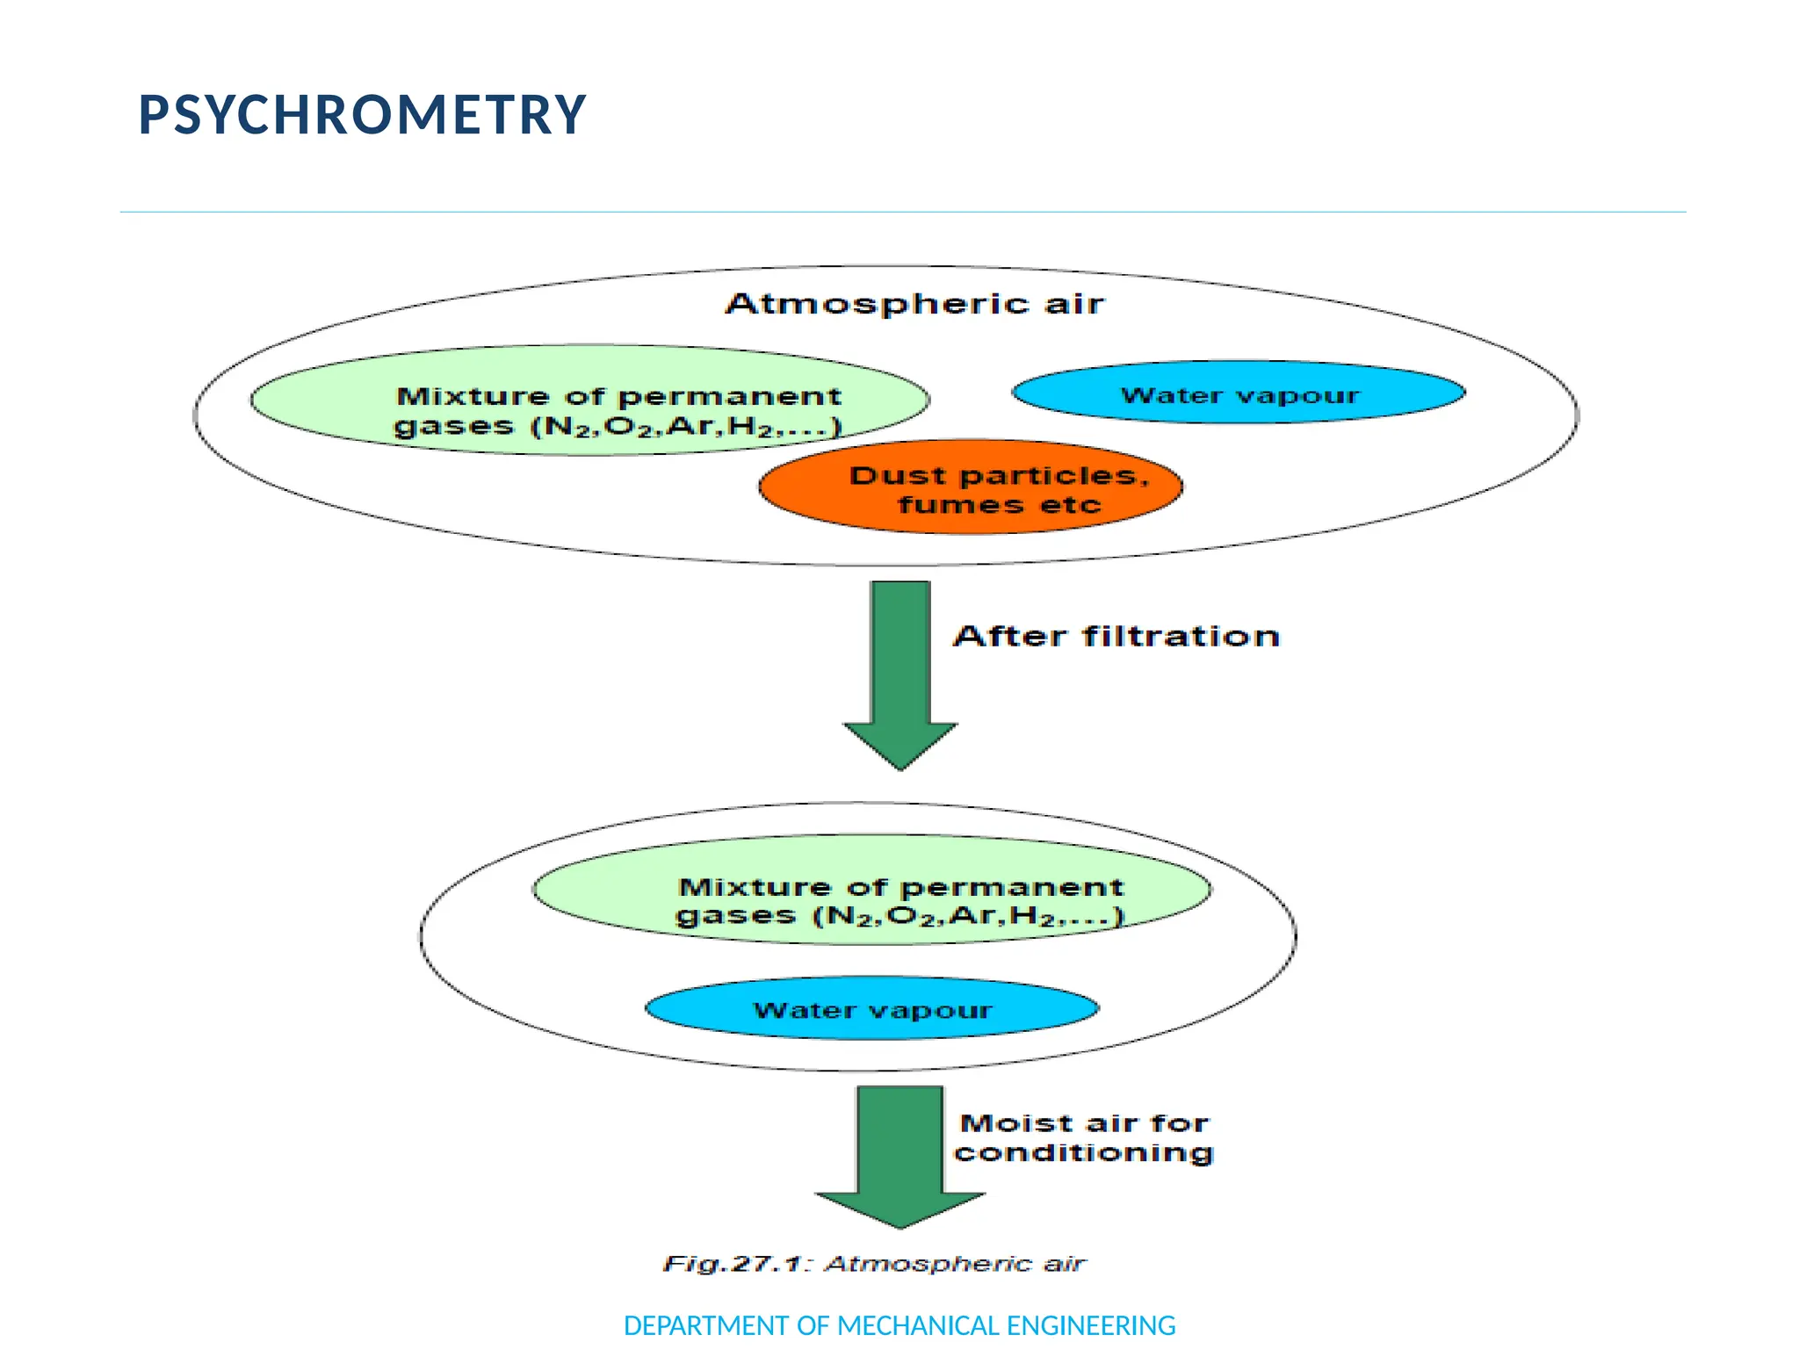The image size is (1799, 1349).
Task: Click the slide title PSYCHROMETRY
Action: [x=362, y=114]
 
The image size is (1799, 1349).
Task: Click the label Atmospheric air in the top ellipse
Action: [x=914, y=304]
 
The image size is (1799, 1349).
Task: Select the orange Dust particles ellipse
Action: [x=970, y=487]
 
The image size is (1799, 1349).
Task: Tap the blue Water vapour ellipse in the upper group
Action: [x=1239, y=393]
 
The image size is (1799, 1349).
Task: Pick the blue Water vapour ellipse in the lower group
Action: [x=872, y=1009]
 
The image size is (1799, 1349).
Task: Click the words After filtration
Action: [x=1116, y=636]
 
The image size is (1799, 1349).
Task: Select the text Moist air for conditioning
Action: [x=1084, y=1137]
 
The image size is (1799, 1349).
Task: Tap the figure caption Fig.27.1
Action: [x=874, y=1264]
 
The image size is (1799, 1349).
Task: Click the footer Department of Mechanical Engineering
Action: [x=899, y=1325]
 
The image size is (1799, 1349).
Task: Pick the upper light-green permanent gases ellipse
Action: [x=590, y=400]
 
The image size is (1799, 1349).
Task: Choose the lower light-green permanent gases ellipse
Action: [x=871, y=890]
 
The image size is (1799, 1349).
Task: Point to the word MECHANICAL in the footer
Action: [x=919, y=1325]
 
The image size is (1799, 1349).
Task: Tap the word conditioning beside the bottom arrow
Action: [x=1084, y=1152]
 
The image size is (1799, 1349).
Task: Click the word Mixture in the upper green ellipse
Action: [x=473, y=397]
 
